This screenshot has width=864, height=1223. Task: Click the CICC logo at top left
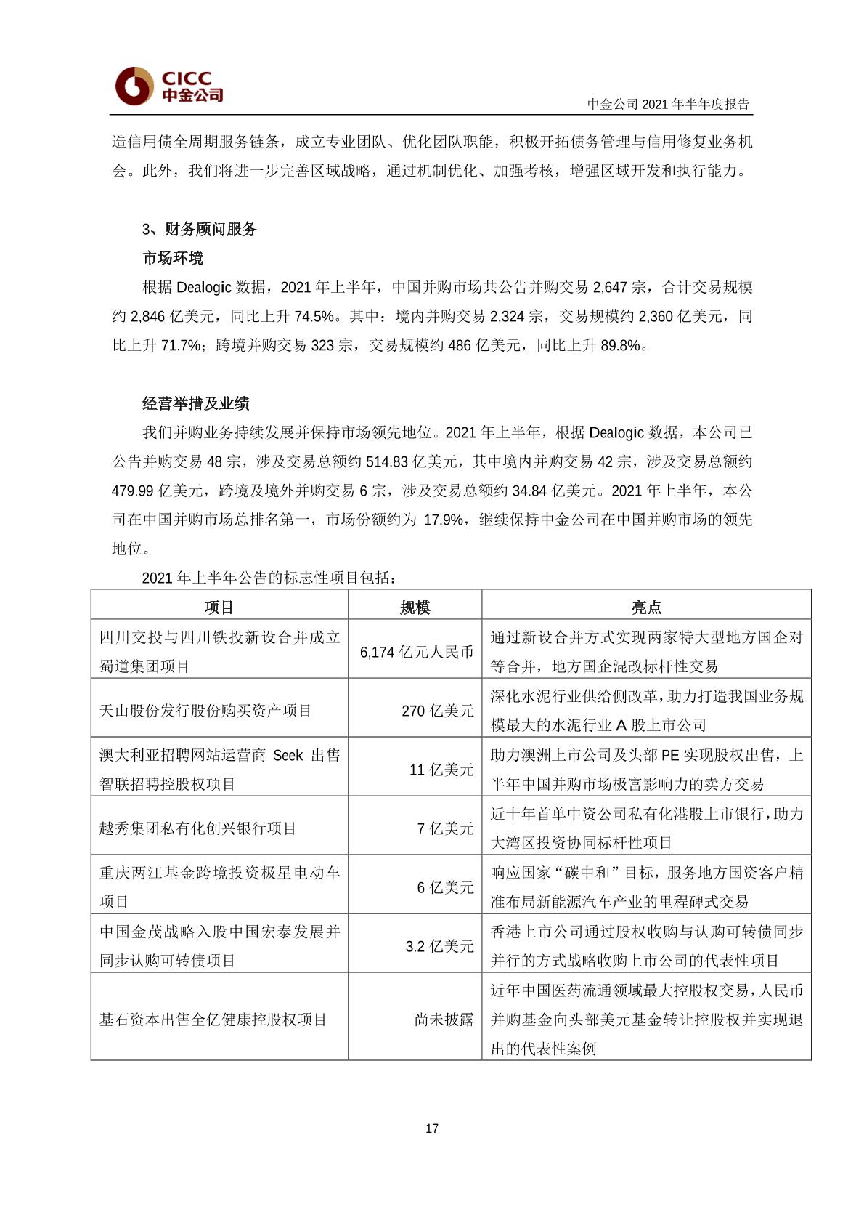click(168, 86)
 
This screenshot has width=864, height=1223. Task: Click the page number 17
click(432, 1129)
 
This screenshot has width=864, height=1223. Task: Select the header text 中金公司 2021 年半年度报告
click(668, 104)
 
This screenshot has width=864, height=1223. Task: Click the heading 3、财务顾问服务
click(200, 230)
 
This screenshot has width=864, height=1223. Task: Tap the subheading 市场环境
click(173, 259)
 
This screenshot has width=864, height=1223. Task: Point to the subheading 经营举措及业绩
click(195, 404)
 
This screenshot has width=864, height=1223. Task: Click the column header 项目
click(219, 608)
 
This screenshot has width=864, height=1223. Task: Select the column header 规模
click(415, 608)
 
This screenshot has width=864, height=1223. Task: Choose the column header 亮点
click(645, 608)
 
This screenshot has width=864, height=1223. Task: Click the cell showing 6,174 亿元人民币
click(416, 652)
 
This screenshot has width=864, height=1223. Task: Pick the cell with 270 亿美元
click(437, 711)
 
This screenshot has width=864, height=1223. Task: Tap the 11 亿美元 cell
click(441, 770)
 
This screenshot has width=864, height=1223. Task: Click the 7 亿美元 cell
click(445, 828)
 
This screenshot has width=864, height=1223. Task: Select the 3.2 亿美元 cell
click(439, 946)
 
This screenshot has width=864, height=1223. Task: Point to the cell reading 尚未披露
click(444, 1020)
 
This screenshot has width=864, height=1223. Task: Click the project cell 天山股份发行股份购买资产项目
click(205, 711)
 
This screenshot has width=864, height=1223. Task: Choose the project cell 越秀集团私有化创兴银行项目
click(197, 828)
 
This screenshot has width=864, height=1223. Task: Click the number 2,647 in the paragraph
click(609, 288)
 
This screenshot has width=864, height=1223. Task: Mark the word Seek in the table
click(288, 756)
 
